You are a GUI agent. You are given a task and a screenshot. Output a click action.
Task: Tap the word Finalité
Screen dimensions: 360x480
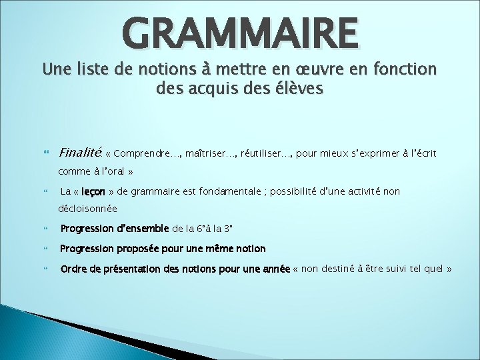coord(80,153)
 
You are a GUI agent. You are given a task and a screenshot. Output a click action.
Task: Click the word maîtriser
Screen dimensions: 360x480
coord(203,154)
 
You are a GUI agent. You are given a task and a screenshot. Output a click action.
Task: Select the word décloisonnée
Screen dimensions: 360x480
coord(87,209)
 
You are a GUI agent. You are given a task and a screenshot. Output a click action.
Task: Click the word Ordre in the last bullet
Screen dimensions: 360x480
coord(73,269)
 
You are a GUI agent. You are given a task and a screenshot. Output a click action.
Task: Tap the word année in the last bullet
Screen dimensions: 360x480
coord(274,269)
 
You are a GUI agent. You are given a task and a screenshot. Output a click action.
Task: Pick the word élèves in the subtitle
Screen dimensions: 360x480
coord(295,89)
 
